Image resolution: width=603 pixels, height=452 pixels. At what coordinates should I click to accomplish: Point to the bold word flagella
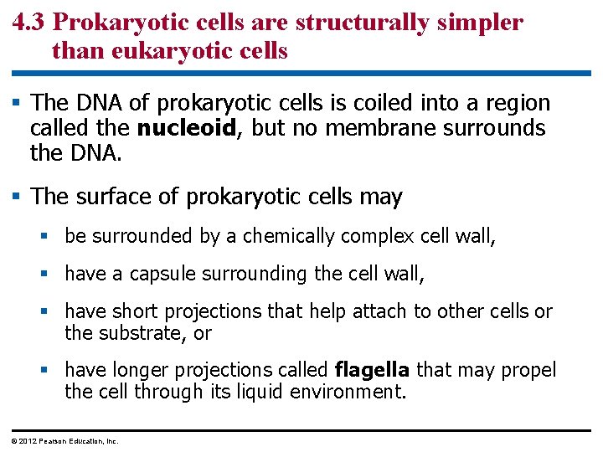click(372, 369)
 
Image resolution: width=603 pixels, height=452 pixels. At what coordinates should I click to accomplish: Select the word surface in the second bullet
click(109, 198)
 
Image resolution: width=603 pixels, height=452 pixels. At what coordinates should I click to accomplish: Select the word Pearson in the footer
click(53, 440)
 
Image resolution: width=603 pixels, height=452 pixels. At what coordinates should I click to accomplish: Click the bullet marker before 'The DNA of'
click(17, 103)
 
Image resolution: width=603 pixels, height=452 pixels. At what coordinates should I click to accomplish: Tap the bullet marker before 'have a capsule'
click(51, 274)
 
